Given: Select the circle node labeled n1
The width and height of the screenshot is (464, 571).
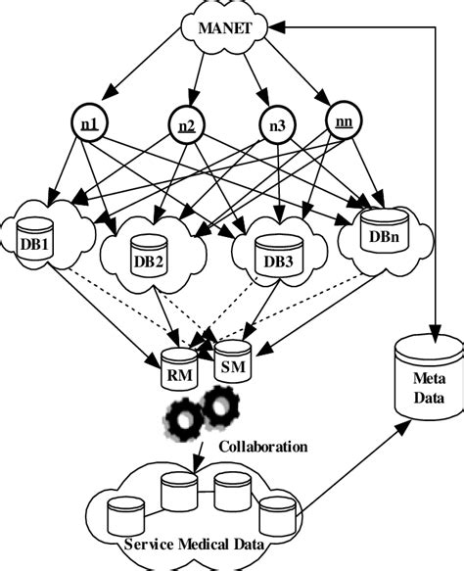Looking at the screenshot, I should coord(88,124).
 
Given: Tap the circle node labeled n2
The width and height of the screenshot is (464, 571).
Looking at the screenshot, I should coord(186,125).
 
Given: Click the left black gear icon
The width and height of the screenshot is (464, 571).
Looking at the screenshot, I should coord(185,418).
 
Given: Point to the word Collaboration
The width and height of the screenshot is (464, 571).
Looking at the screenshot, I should coord(262,447).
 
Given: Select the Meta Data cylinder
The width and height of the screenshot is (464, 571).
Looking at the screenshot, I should coord(427,375).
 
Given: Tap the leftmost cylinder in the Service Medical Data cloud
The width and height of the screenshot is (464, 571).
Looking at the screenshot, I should coord(121,514).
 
